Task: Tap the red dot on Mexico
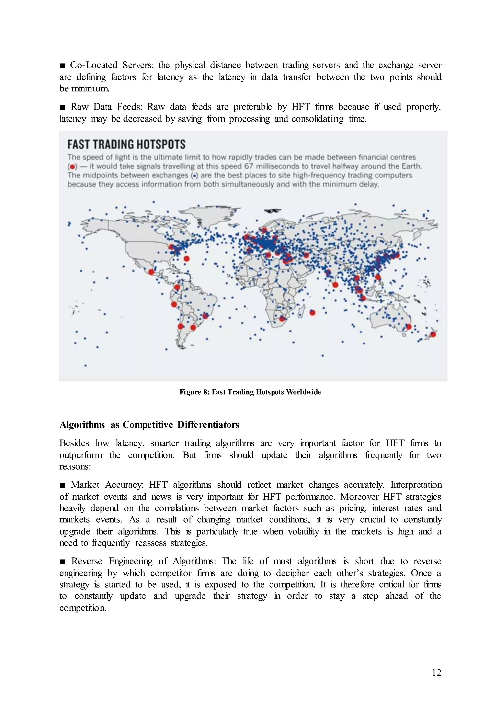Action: pyautogui.click(x=151, y=272)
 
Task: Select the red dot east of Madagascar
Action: pyautogui.click(x=312, y=313)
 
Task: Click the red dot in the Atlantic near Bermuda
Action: pyautogui.click(x=186, y=258)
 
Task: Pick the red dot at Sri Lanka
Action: pyautogui.click(x=335, y=285)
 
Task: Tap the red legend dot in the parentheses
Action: pyautogui.click(x=72, y=166)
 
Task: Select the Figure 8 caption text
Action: pyautogui.click(x=250, y=392)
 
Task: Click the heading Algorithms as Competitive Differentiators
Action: pyautogui.click(x=149, y=425)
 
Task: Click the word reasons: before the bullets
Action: pyautogui.click(x=75, y=466)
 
